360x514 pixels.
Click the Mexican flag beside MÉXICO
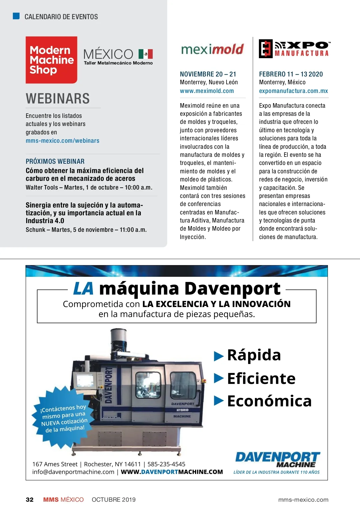[x=145, y=54]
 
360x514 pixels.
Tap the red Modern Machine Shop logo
[x=51, y=60]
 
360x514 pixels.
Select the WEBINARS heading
[x=58, y=99]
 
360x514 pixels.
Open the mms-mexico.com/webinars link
[x=62, y=141]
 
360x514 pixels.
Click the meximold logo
[x=212, y=49]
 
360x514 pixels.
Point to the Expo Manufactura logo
[x=294, y=49]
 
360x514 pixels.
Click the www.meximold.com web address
[x=207, y=91]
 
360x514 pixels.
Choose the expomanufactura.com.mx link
[x=293, y=91]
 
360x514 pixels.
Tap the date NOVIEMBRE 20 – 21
[x=208, y=74]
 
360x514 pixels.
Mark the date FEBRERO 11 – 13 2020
[x=291, y=74]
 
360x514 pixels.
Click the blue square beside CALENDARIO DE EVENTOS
[x=16, y=16]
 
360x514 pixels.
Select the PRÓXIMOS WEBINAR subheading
[x=55, y=161]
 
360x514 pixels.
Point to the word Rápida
[x=254, y=355]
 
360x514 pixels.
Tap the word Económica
[x=269, y=401]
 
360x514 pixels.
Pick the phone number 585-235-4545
[x=166, y=464]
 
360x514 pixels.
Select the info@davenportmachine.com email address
[x=73, y=472]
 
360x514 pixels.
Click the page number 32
[x=30, y=500]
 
